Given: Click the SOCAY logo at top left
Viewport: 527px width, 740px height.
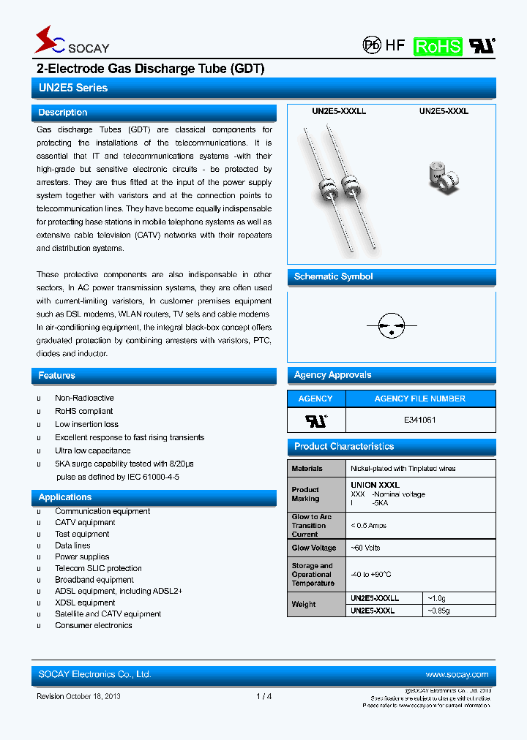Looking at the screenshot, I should point(72,42).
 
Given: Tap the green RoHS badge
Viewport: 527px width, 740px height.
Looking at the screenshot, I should point(438,46).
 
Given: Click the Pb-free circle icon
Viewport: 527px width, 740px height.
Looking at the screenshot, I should point(373,45).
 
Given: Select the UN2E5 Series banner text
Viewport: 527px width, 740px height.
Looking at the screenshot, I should point(73,88).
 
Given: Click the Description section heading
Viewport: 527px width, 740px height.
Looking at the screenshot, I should point(63,113).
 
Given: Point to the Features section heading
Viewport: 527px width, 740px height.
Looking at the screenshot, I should point(57,375).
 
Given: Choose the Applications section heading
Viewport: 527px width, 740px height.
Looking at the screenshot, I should point(65,497).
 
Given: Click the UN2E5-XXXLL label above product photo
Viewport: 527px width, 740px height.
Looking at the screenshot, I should point(339,112).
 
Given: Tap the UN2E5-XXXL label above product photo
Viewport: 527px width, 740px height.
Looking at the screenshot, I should point(444,112).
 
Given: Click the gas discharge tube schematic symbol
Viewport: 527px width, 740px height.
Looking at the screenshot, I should point(392,325).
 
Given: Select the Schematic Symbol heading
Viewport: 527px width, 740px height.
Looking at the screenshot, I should point(333,276).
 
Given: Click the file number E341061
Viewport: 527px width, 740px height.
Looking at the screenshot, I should point(419,420).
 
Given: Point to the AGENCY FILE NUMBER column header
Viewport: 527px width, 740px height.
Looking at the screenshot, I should point(419,399).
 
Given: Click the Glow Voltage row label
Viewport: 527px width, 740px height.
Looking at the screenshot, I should point(314,548).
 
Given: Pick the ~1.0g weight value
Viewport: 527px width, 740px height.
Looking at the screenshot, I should point(436,597).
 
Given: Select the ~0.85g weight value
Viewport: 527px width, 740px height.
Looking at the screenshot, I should point(438,611).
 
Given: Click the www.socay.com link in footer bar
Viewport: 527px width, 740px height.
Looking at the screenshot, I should point(457,674).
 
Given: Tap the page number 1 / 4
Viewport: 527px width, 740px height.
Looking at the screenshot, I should point(264,696).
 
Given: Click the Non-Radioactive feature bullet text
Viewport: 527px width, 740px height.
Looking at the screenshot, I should point(84,398).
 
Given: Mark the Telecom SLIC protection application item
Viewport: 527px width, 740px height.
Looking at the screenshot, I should point(98,568).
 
